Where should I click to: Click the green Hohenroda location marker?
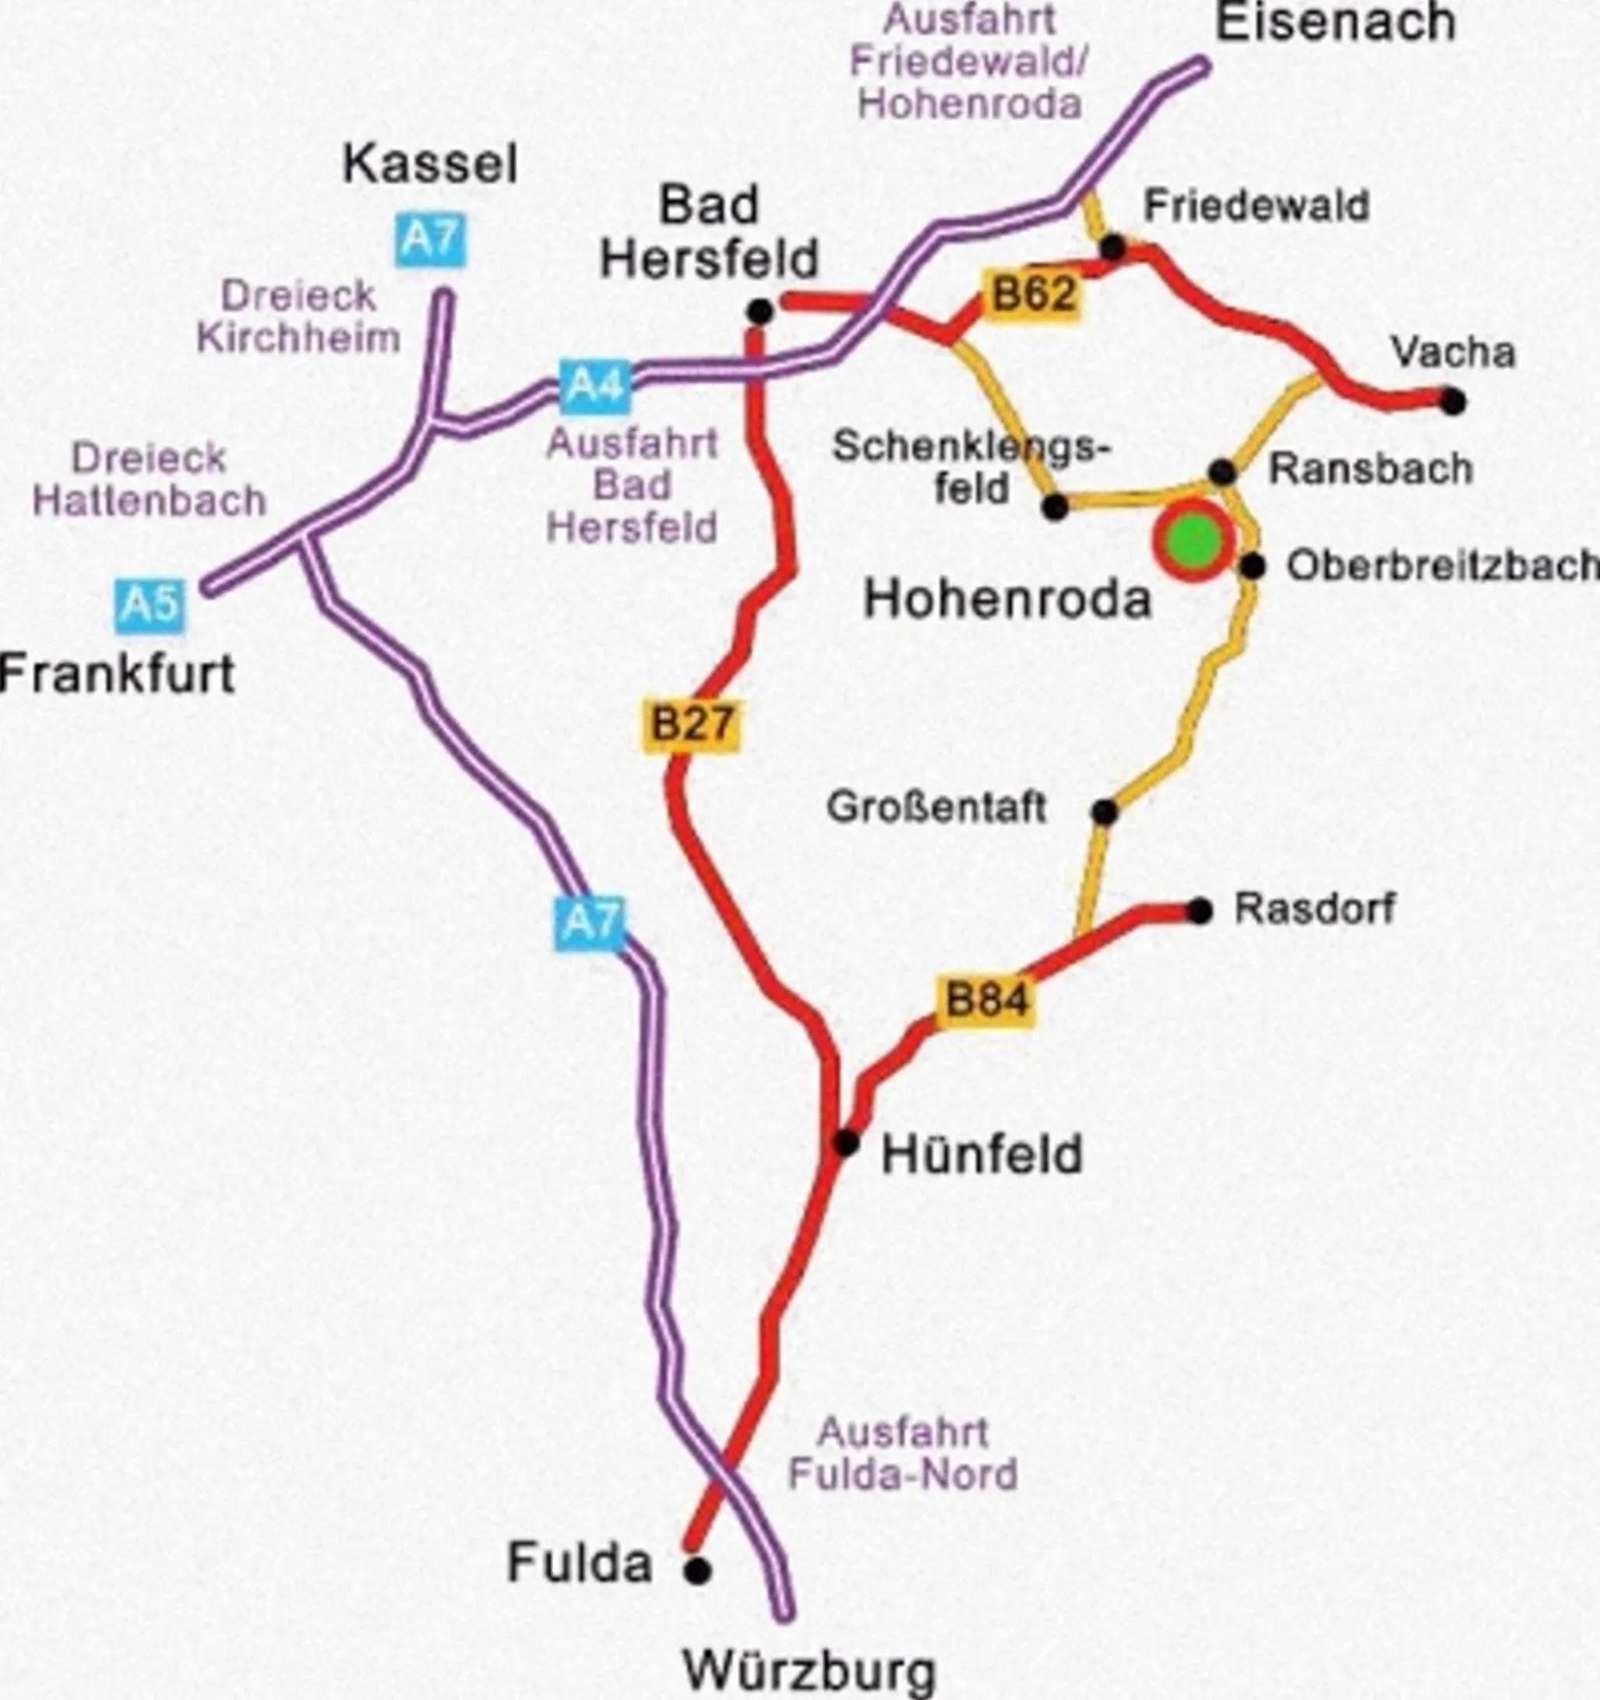1194,541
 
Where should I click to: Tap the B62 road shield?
1032,295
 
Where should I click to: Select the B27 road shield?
691,725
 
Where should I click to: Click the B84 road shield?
985,999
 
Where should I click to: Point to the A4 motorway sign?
596,386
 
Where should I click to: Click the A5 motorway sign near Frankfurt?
150,605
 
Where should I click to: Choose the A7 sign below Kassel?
431,239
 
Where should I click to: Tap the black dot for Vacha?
1452,400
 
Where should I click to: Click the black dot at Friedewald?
1112,248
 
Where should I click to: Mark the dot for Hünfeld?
846,1142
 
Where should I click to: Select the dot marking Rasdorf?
1200,912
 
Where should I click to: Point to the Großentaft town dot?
1104,813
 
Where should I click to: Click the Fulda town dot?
697,1570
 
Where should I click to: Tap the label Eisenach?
1335,24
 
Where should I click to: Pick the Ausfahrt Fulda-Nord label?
902,1454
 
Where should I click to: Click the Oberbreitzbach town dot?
1252,566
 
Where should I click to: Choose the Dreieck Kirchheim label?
298,317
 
